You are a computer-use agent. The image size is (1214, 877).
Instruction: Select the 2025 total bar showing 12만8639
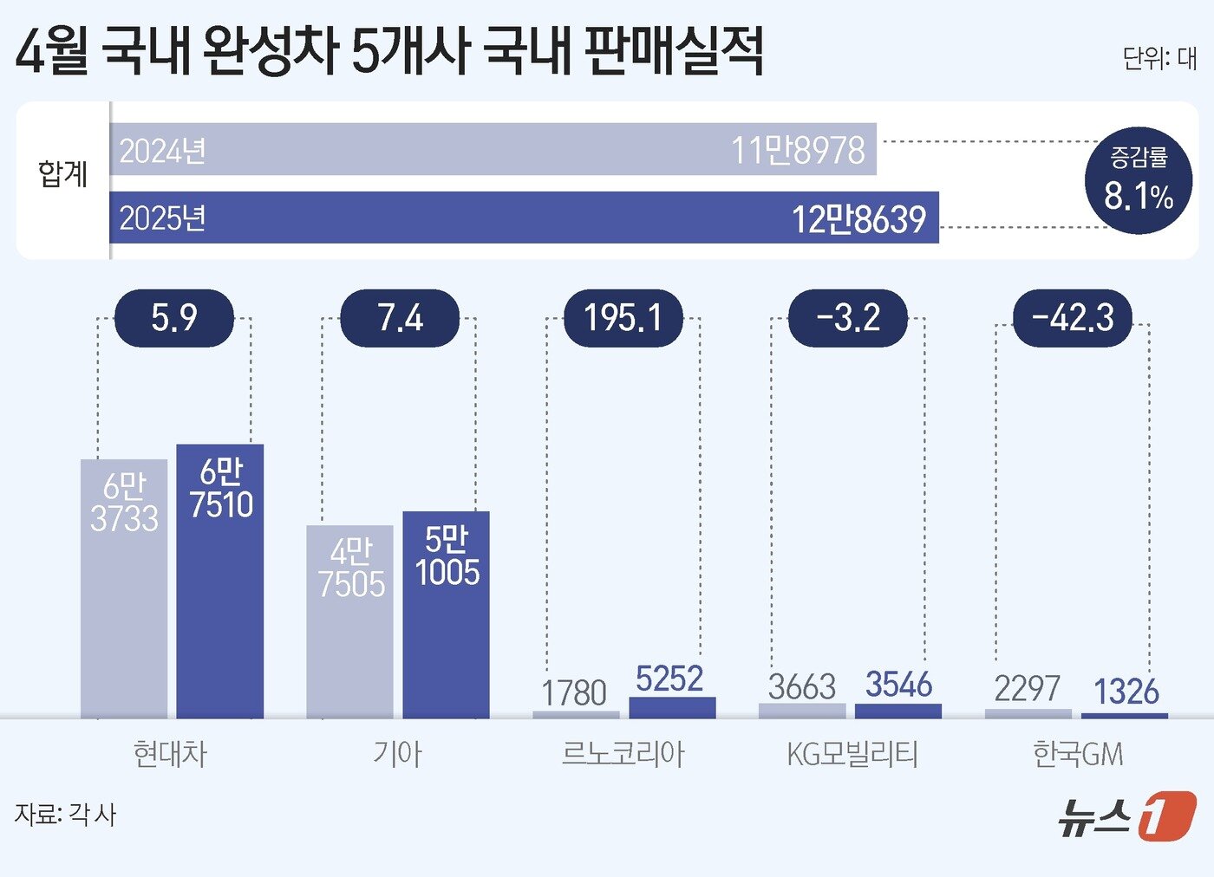pos(524,218)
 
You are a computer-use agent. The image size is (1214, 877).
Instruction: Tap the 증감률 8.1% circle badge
pos(1138,180)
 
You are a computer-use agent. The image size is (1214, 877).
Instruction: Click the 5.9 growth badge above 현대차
pos(174,318)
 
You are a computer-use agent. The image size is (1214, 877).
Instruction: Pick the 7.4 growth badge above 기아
pos(400,318)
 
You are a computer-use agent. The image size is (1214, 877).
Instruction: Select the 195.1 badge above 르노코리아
pos(623,318)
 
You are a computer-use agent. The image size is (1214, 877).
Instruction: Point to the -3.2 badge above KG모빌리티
pos(847,318)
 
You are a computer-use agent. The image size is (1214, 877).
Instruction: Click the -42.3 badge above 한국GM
pos(1073,318)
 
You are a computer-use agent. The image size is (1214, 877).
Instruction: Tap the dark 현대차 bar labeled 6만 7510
pos(220,581)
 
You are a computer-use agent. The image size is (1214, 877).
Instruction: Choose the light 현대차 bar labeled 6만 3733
pos(124,588)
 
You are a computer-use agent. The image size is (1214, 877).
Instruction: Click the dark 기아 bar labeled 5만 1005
pos(446,614)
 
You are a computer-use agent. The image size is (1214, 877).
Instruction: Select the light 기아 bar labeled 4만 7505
pos(349,621)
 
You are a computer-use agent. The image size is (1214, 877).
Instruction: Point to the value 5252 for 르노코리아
pos(669,679)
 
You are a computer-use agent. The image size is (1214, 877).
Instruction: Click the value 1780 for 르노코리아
pos(574,693)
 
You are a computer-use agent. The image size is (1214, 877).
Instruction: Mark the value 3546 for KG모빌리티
pos(898,685)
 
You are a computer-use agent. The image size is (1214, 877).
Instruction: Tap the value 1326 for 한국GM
pos(1126,692)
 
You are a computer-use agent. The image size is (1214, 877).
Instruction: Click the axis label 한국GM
pos(1078,754)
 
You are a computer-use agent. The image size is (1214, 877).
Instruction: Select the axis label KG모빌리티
pos(852,754)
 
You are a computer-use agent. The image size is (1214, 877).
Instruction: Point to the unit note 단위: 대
pos(1159,58)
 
